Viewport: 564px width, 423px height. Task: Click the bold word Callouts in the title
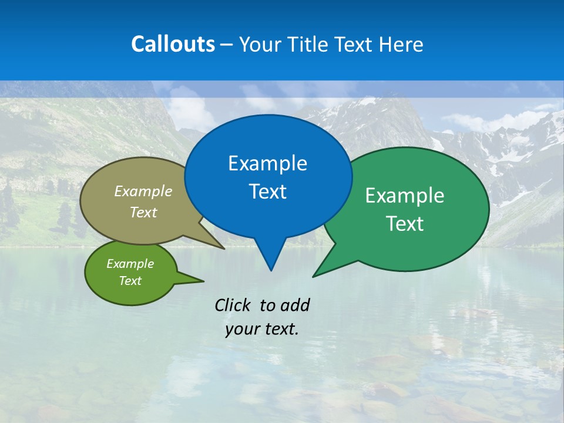click(173, 44)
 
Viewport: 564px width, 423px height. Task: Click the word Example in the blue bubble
click(267, 163)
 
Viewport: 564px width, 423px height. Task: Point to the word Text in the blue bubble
click(267, 192)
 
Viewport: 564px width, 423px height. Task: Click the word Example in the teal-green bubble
click(405, 196)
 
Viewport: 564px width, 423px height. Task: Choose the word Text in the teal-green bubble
click(405, 224)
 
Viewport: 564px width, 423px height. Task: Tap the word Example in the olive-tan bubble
click(143, 192)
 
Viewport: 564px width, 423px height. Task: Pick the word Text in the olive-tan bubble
click(143, 212)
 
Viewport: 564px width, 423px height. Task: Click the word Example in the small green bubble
click(130, 264)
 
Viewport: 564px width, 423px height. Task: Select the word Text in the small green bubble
click(130, 281)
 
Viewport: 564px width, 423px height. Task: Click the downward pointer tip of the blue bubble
click(271, 270)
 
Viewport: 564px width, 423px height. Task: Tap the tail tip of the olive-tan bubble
click(224, 248)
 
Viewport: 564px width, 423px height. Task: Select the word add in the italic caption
click(295, 305)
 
